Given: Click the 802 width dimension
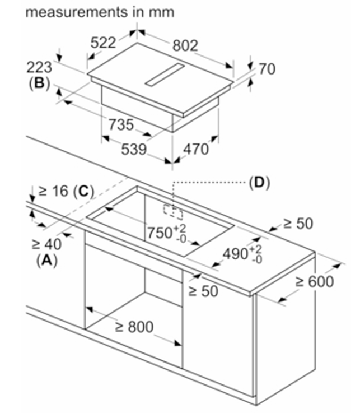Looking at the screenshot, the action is (185, 46).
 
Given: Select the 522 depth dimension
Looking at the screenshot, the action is (103, 43).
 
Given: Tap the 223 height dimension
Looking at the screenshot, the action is (39, 67).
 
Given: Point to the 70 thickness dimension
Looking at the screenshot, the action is (267, 69).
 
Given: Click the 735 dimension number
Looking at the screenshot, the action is (121, 124).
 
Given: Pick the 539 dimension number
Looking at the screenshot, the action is (134, 150).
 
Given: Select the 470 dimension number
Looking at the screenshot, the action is (196, 150).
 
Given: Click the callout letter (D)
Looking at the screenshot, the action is (259, 182).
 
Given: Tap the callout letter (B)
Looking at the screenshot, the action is (39, 83).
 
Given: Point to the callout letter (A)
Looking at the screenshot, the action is (46, 261).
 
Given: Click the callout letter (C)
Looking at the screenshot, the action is (83, 191).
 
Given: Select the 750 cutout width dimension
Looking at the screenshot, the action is (167, 233).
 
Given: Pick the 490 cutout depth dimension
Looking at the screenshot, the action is (242, 254).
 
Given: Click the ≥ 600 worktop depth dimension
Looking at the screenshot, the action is (315, 281).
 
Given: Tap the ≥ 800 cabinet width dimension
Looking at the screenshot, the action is (134, 327).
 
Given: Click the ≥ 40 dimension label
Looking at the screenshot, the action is (46, 244).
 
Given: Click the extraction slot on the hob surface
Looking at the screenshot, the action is (164, 75).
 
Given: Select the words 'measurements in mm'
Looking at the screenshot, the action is (100, 12).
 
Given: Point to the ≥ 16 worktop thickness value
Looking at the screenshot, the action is (53, 191).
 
